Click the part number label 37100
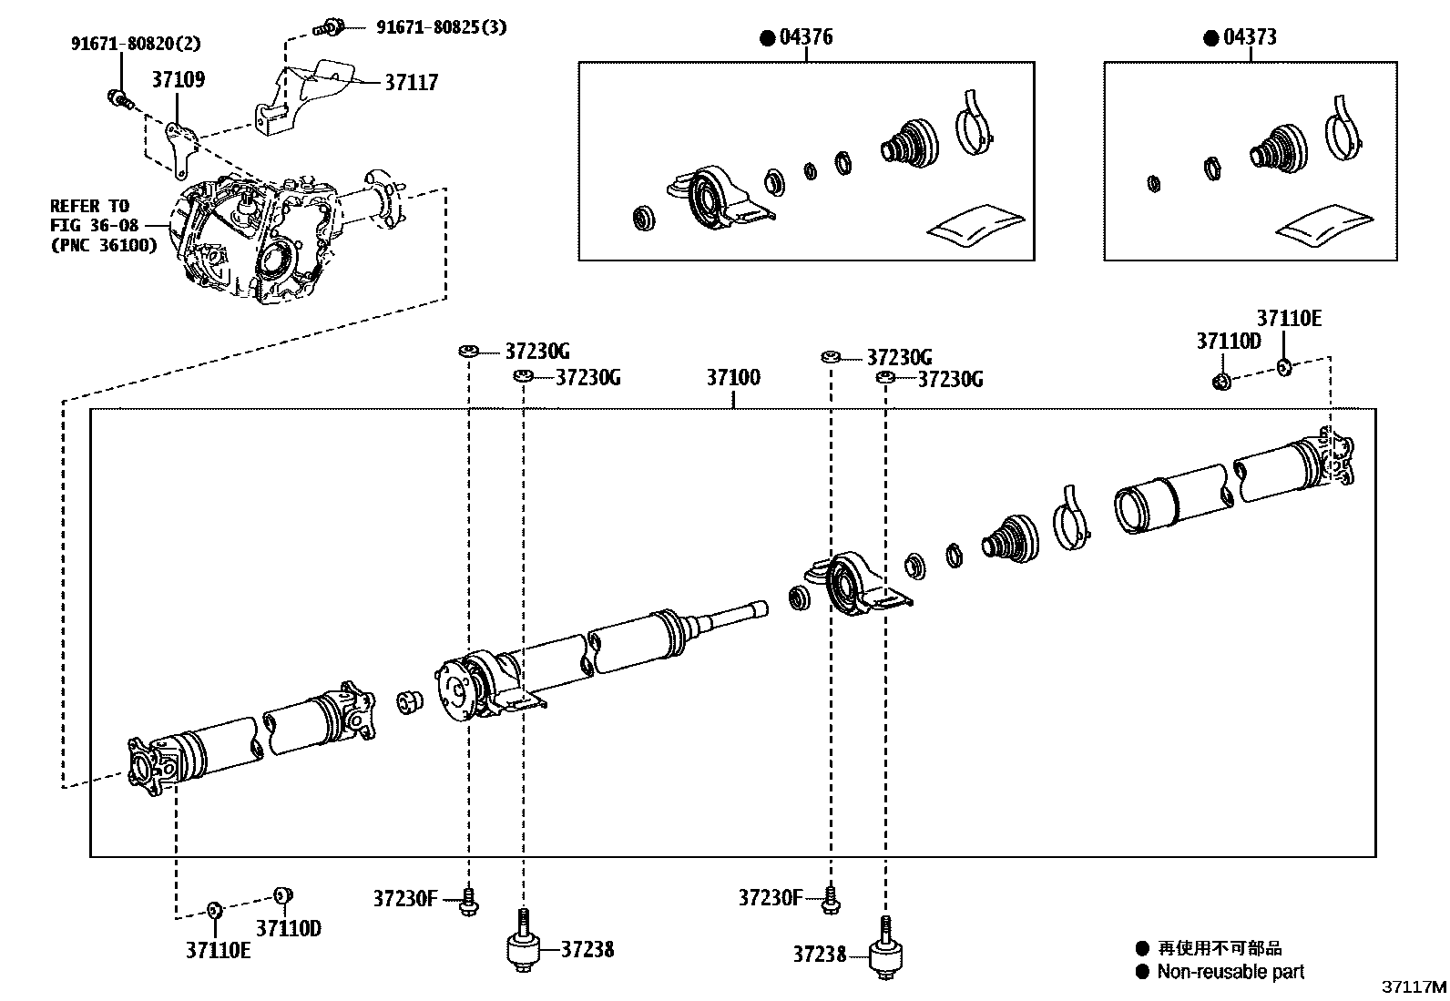733,378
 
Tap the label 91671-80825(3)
441,27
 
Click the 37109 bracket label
178,80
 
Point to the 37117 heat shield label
411,83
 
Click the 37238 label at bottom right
819,955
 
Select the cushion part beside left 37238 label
524,949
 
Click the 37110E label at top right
1289,319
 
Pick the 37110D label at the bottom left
288,929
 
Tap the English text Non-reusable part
1230,972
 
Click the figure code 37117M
1414,987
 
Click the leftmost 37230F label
405,899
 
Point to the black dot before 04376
767,38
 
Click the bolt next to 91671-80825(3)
330,27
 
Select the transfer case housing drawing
255,241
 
